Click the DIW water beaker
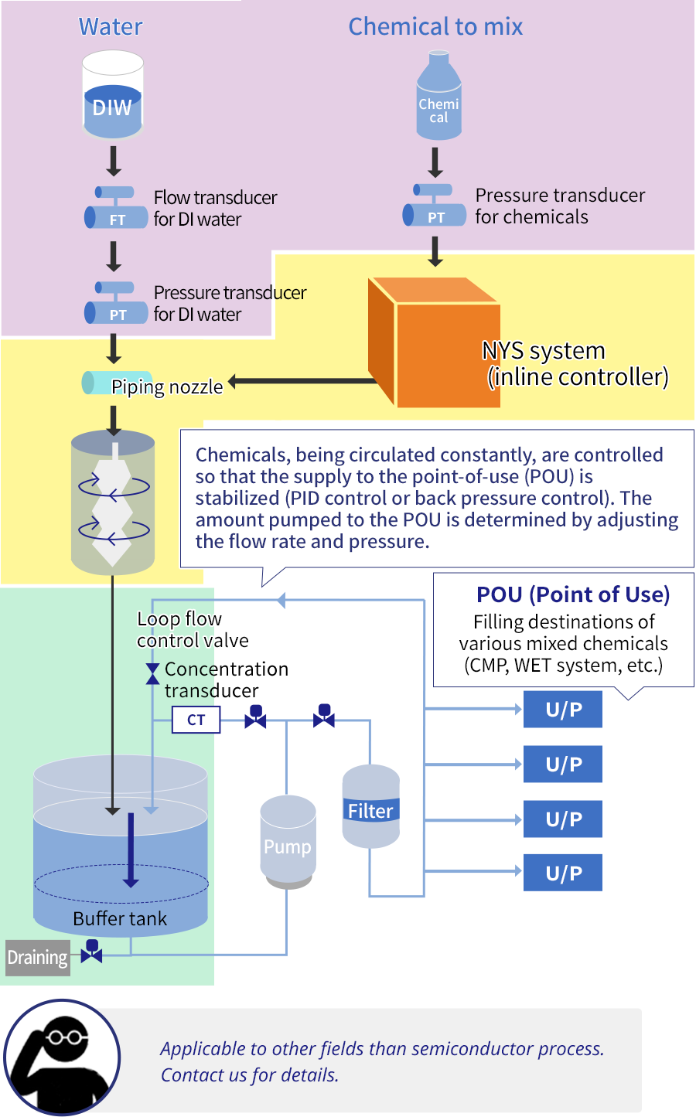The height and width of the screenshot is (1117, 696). pos(113,95)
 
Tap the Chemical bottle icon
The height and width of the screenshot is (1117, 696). pos(438,97)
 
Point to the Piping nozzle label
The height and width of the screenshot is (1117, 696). pos(166,387)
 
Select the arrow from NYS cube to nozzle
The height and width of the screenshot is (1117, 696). pos(302,381)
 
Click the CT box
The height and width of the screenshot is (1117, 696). pos(196,720)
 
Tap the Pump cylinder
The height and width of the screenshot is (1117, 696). pos(288,842)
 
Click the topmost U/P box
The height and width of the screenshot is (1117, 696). pos(563,710)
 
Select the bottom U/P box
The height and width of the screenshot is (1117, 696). pos(563,873)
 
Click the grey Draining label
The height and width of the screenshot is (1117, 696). pos(37,958)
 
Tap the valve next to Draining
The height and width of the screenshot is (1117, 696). pos(92,952)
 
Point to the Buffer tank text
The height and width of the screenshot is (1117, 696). pos(120,918)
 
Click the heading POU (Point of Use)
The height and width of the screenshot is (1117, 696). pos(573,594)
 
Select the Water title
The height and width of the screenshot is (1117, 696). pos(111,27)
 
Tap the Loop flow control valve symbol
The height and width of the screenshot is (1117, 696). pos(153,673)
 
